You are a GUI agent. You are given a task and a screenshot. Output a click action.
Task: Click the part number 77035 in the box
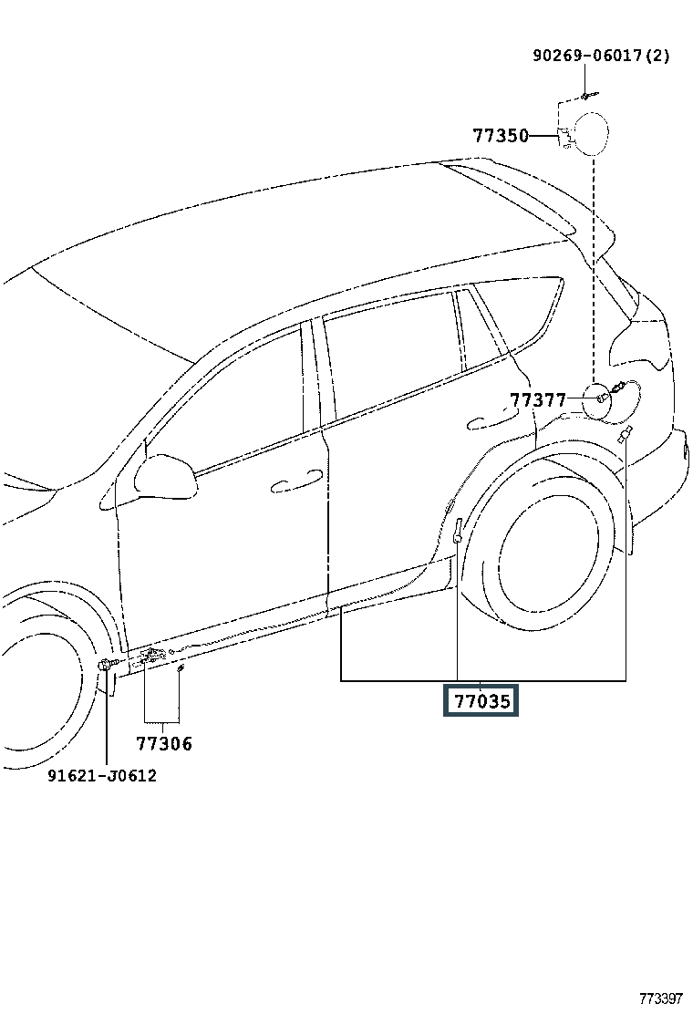(x=481, y=700)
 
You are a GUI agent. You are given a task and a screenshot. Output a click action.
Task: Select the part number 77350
(x=501, y=136)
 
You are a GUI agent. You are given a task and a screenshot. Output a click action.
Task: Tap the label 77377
(x=537, y=400)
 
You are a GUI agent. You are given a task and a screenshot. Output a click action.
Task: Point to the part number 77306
(x=164, y=744)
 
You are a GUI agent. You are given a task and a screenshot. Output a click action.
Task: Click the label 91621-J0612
(x=103, y=777)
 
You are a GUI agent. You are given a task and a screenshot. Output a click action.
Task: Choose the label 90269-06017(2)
(x=601, y=56)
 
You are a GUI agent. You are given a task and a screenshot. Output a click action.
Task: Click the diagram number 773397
(x=659, y=998)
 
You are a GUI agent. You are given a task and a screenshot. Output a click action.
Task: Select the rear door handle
(x=488, y=422)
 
